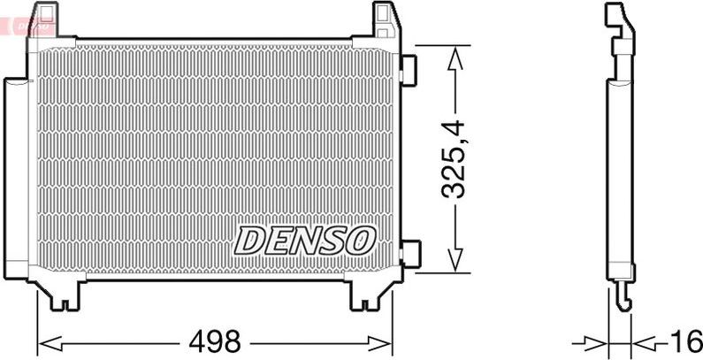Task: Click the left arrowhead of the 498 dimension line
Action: click(44, 341)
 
